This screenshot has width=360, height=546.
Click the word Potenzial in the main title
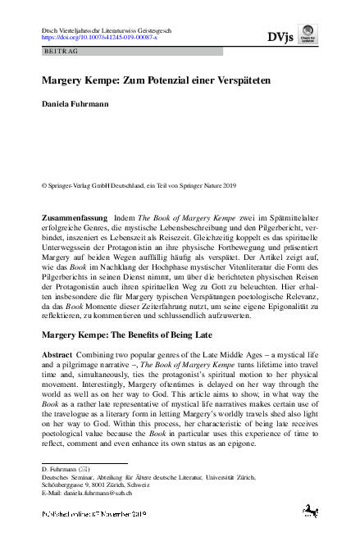[170, 83]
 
